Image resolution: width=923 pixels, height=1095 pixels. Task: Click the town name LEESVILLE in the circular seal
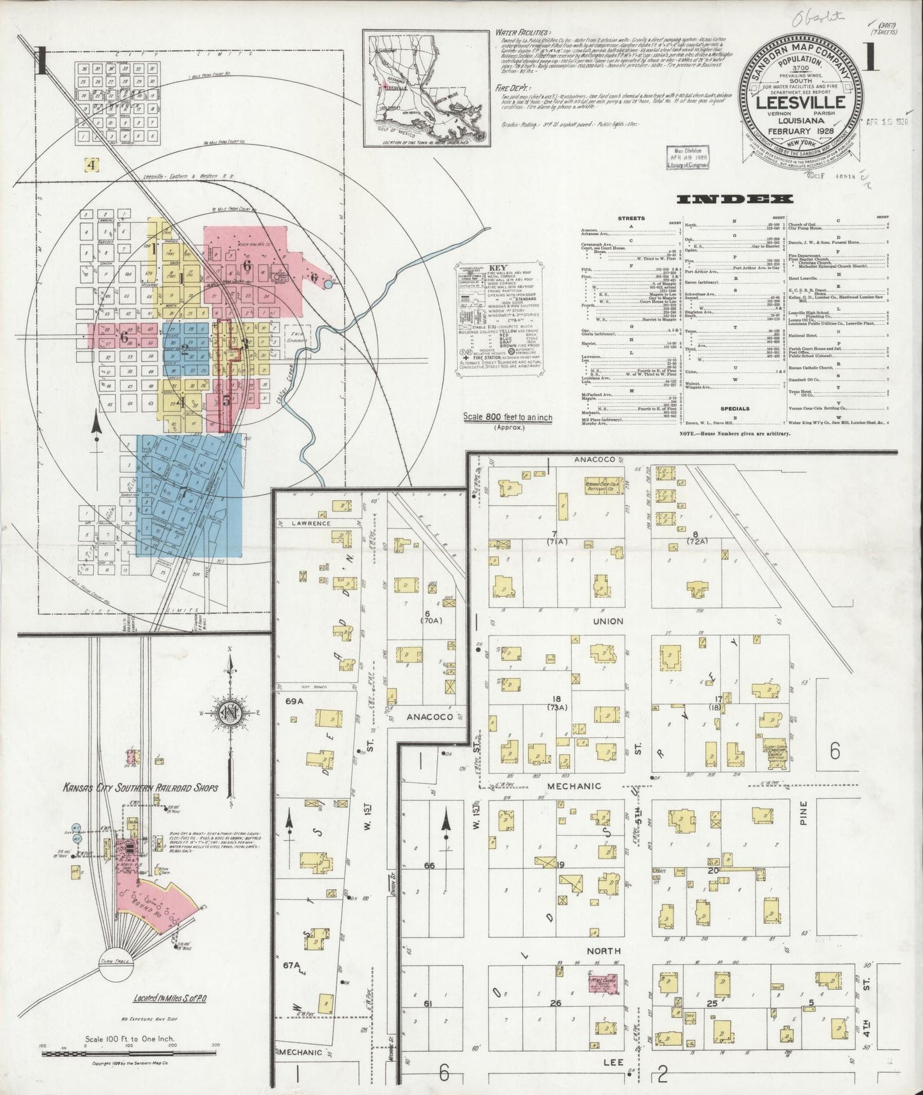[x=801, y=102]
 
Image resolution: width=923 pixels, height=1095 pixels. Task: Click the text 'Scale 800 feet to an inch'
[x=508, y=417]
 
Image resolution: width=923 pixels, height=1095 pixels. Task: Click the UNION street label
[x=607, y=620]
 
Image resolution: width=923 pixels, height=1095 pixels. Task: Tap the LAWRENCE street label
[x=312, y=523]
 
